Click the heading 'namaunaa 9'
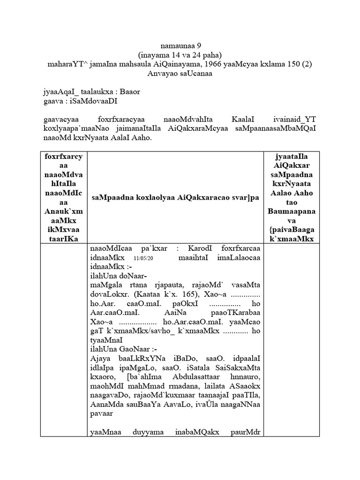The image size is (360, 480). click(x=180, y=46)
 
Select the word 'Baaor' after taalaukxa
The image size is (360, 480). click(x=129, y=92)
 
